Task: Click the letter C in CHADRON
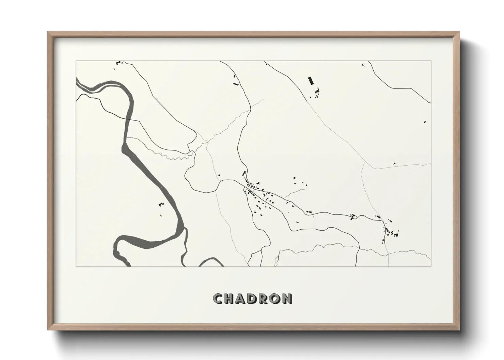(218, 299)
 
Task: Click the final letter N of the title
(287, 299)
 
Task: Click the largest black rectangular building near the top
(310, 81)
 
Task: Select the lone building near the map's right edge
(425, 122)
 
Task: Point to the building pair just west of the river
(161, 205)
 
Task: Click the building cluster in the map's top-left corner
(119, 63)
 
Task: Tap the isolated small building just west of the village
(219, 175)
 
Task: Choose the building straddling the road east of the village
(353, 216)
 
